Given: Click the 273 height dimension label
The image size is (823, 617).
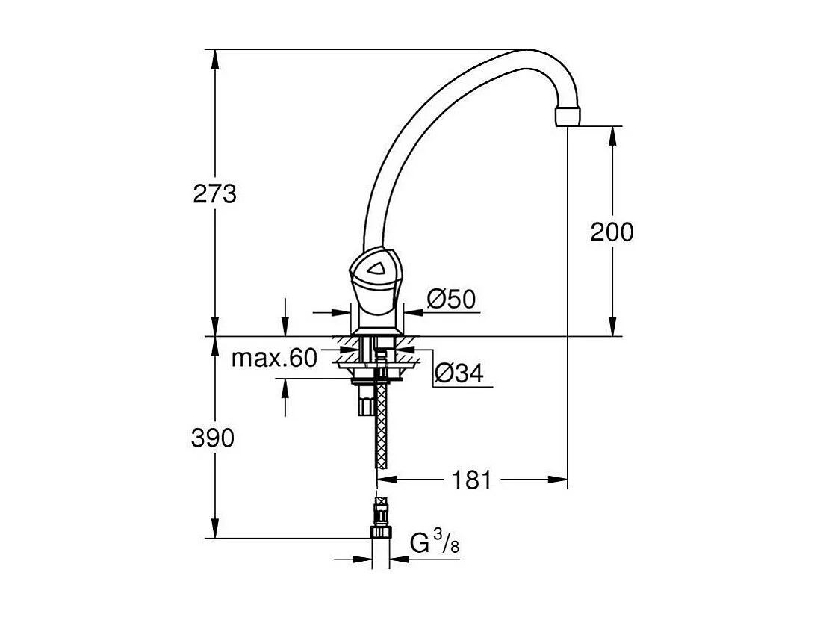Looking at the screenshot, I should point(214,194).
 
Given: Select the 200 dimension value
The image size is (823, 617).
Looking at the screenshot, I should point(612,232).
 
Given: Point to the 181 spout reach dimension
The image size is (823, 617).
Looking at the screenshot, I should point(472,480).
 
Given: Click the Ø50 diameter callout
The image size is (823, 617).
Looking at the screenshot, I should point(451,300).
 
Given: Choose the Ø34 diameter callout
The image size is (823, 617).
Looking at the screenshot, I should point(458,373).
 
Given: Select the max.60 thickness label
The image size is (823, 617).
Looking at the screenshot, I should point(274,359).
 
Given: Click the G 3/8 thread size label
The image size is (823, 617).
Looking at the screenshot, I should point(435,544).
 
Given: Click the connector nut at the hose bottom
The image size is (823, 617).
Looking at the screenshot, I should point(381,532).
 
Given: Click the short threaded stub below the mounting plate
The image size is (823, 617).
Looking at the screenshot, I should point(365,404).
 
